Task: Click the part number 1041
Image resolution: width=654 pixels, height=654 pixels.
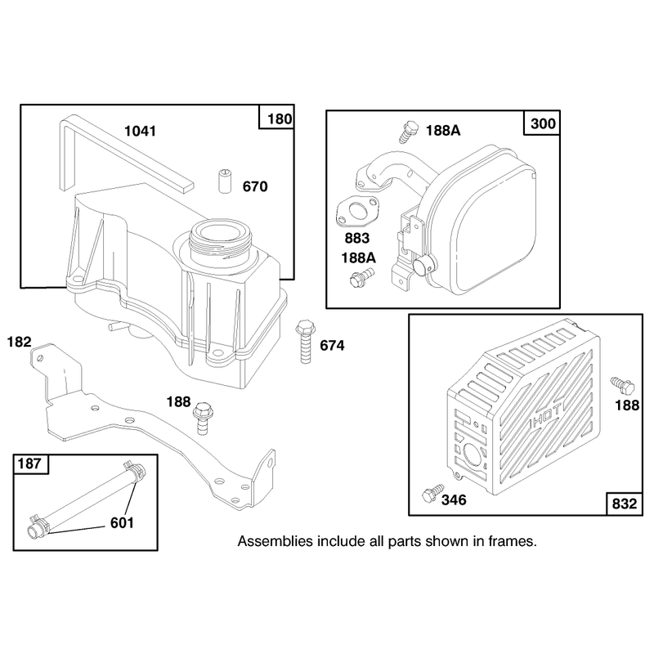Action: click(x=140, y=131)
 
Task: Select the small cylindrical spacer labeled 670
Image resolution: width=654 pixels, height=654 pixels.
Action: click(x=226, y=181)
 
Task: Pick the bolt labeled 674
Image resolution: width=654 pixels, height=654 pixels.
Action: click(x=305, y=341)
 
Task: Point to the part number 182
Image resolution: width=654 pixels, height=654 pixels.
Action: click(x=19, y=342)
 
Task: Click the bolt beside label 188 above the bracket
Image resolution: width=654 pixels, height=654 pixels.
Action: click(x=203, y=419)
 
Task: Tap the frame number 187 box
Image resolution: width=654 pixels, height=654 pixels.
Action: click(x=29, y=464)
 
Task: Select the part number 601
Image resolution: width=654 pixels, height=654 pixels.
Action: click(x=122, y=522)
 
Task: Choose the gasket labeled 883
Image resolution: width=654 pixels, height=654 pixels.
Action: click(x=357, y=212)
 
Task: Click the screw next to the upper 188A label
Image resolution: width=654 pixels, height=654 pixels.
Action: click(x=408, y=132)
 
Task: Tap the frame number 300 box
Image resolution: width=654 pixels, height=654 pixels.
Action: click(x=543, y=123)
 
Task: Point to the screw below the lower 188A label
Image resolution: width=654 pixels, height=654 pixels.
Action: click(x=361, y=277)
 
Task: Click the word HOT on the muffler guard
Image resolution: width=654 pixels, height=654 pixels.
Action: click(x=547, y=415)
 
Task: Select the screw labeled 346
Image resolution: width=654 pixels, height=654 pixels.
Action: click(x=432, y=493)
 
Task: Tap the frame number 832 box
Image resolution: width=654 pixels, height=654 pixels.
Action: click(x=624, y=504)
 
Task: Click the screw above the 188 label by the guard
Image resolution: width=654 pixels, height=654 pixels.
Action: click(x=622, y=385)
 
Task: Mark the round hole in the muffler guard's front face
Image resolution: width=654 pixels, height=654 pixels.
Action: click(x=472, y=454)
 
